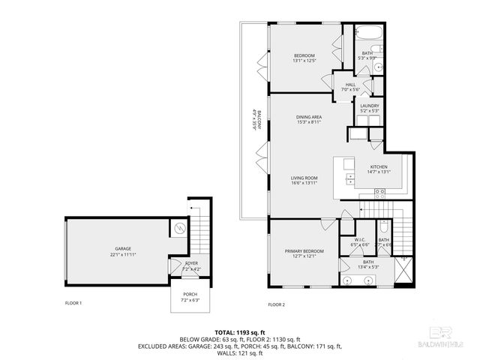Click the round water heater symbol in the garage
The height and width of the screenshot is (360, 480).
(x=178, y=228)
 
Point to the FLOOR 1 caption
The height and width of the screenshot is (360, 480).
(x=73, y=303)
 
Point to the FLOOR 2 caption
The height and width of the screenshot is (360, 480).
(x=277, y=304)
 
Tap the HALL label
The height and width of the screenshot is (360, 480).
(x=350, y=85)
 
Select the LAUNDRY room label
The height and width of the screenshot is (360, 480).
(x=369, y=106)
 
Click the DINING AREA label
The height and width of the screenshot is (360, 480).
(x=308, y=118)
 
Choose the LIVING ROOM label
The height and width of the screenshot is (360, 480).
(x=304, y=178)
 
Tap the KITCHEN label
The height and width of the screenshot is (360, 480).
(x=378, y=167)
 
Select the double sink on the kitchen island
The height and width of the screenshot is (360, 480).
(x=350, y=178)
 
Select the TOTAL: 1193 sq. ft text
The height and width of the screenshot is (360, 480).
(x=240, y=331)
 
